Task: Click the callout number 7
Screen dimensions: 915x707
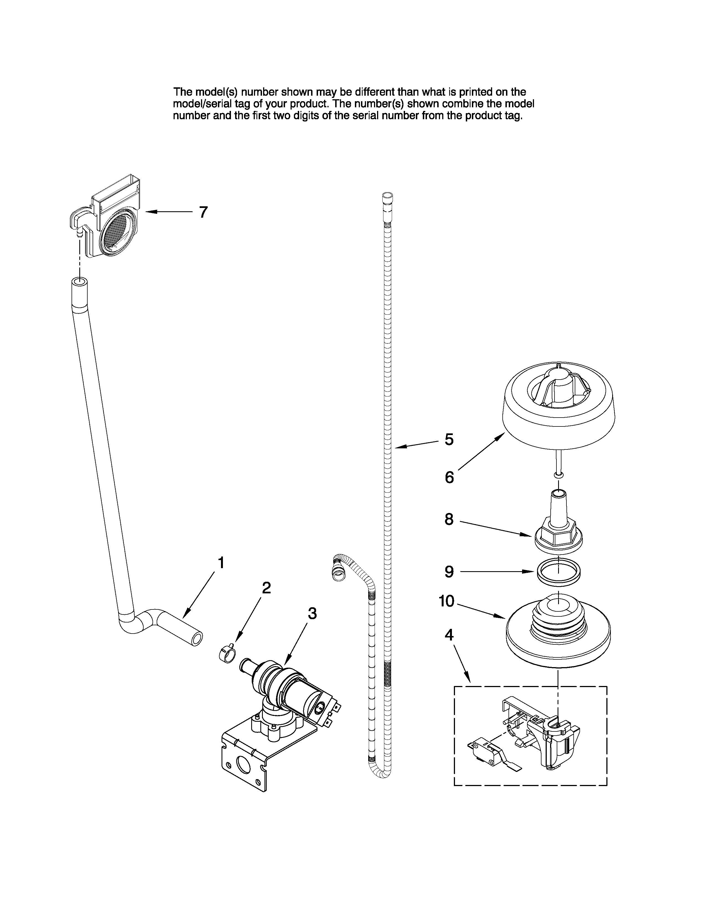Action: [203, 212]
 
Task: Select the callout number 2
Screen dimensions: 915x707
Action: [266, 588]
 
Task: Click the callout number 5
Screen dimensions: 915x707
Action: [449, 439]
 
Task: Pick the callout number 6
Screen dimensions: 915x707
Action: [449, 477]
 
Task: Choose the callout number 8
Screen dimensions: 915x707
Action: [449, 520]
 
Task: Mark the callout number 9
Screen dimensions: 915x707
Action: [449, 571]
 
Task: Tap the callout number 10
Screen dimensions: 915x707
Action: [446, 601]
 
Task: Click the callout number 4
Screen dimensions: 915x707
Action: [449, 635]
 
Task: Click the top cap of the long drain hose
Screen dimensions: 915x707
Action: [387, 196]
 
